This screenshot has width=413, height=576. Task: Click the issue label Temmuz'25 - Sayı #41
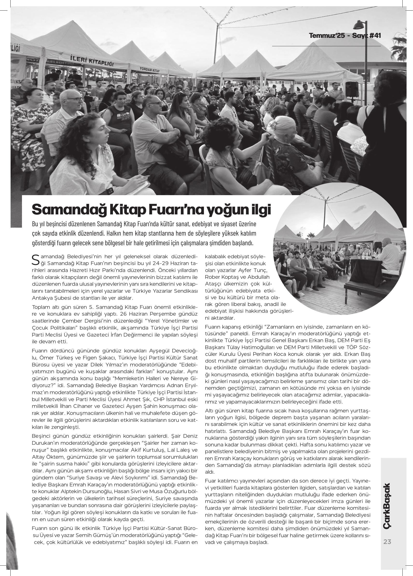pyautogui.click(x=345, y=36)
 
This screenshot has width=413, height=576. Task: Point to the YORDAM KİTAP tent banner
pyautogui.click(x=150, y=69)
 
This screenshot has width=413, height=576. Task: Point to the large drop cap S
pyautogui.click(x=36, y=259)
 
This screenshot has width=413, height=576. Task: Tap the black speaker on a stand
pyautogui.click(x=352, y=89)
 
